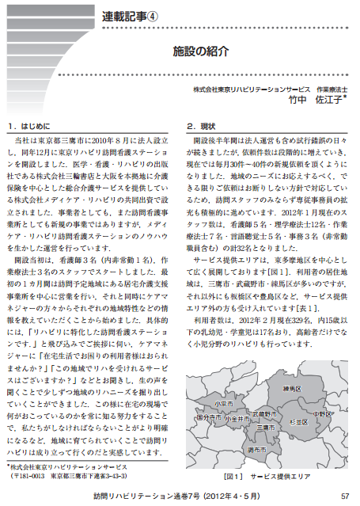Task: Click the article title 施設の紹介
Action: (x=201, y=51)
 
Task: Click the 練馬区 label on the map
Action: (x=293, y=390)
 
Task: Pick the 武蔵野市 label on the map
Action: (x=264, y=414)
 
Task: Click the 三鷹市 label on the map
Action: (x=255, y=428)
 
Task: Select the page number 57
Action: (x=344, y=496)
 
